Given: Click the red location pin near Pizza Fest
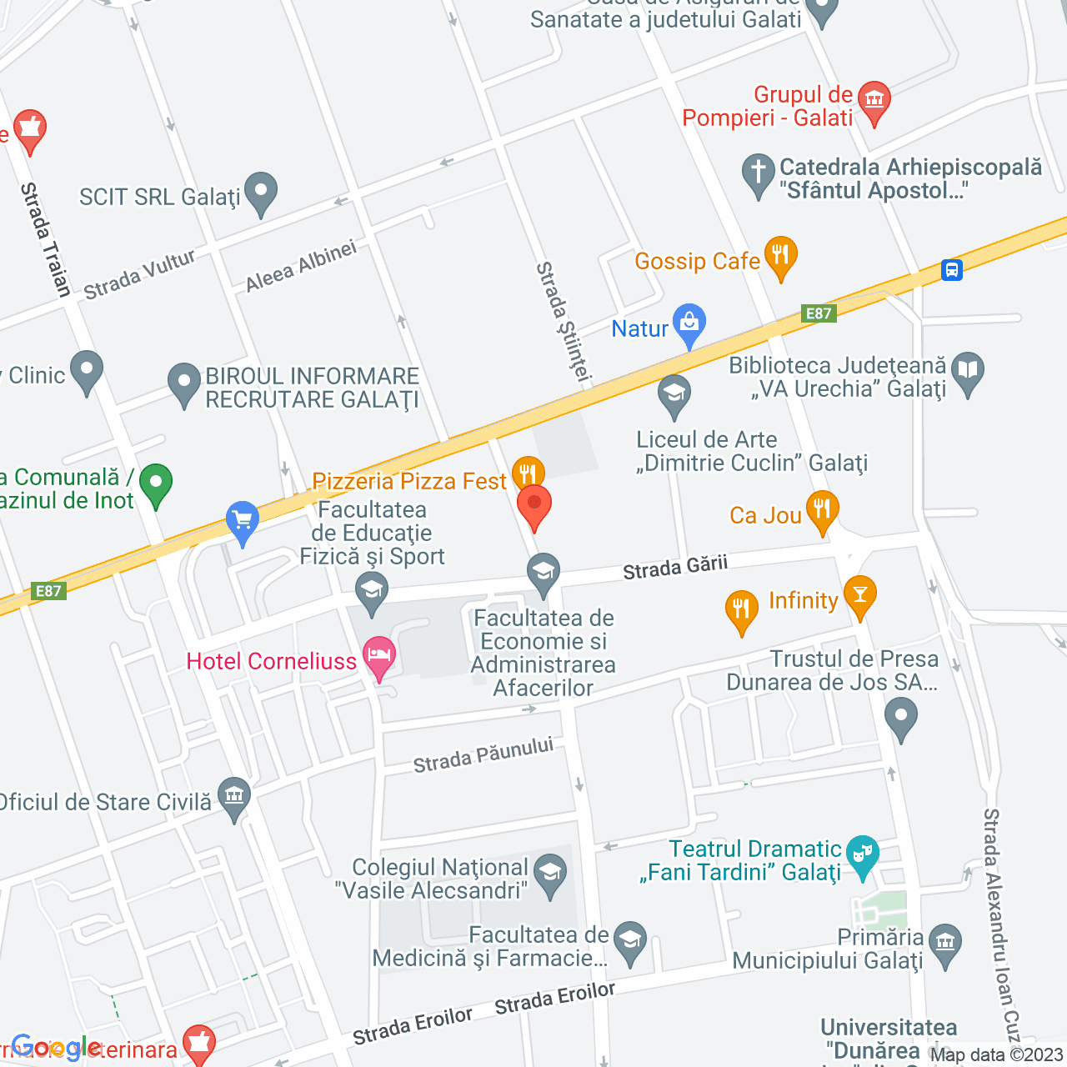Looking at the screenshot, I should [534, 505].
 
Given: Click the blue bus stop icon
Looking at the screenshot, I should [952, 270].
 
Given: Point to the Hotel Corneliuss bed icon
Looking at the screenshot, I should [379, 655].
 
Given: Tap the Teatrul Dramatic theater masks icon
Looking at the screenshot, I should [862, 854].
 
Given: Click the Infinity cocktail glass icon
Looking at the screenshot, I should [860, 594].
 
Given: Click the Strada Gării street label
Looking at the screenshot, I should [675, 568].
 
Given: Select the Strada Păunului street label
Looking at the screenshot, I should [483, 755].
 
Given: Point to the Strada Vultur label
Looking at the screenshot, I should [139, 274].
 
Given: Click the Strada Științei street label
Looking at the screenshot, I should [564, 323].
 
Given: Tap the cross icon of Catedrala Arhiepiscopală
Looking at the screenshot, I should [758, 173].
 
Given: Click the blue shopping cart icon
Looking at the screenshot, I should [243, 520].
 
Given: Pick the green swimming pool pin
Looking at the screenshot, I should [156, 483].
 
